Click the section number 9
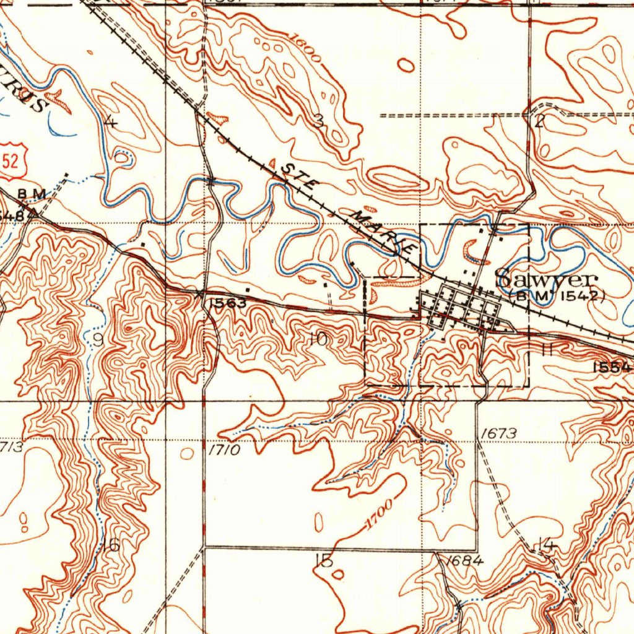[99, 339]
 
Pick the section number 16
[111, 545]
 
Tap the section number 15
[323, 560]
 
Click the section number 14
[545, 545]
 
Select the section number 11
[546, 350]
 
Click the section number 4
[111, 121]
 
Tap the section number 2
[539, 121]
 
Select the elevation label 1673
[498, 433]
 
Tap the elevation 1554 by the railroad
[612, 367]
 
